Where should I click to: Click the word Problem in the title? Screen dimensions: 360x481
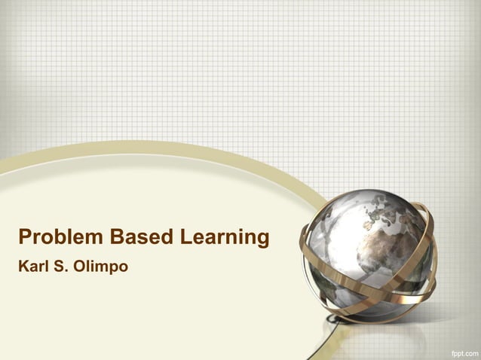(61, 238)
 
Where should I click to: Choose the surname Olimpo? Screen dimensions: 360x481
(101, 267)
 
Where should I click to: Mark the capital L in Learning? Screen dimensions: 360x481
(185, 238)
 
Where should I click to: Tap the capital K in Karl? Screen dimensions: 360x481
(23, 267)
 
